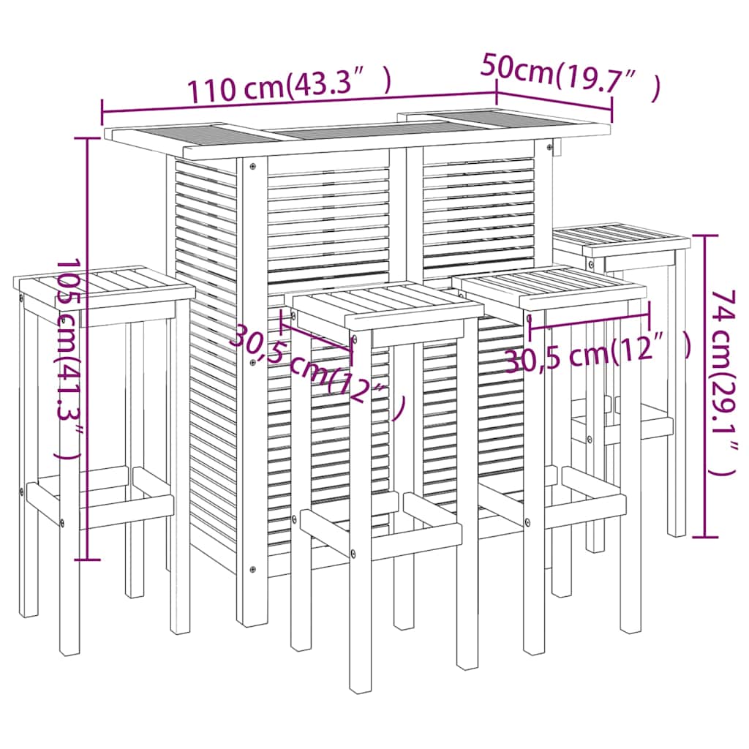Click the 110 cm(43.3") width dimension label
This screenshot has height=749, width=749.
[290, 86]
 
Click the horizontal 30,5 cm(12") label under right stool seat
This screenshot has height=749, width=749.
[597, 353]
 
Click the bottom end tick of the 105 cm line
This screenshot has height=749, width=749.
[88, 560]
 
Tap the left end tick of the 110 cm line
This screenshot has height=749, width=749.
[102, 113]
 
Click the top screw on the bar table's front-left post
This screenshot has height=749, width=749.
[252, 166]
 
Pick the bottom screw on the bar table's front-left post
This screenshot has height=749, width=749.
[252, 569]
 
